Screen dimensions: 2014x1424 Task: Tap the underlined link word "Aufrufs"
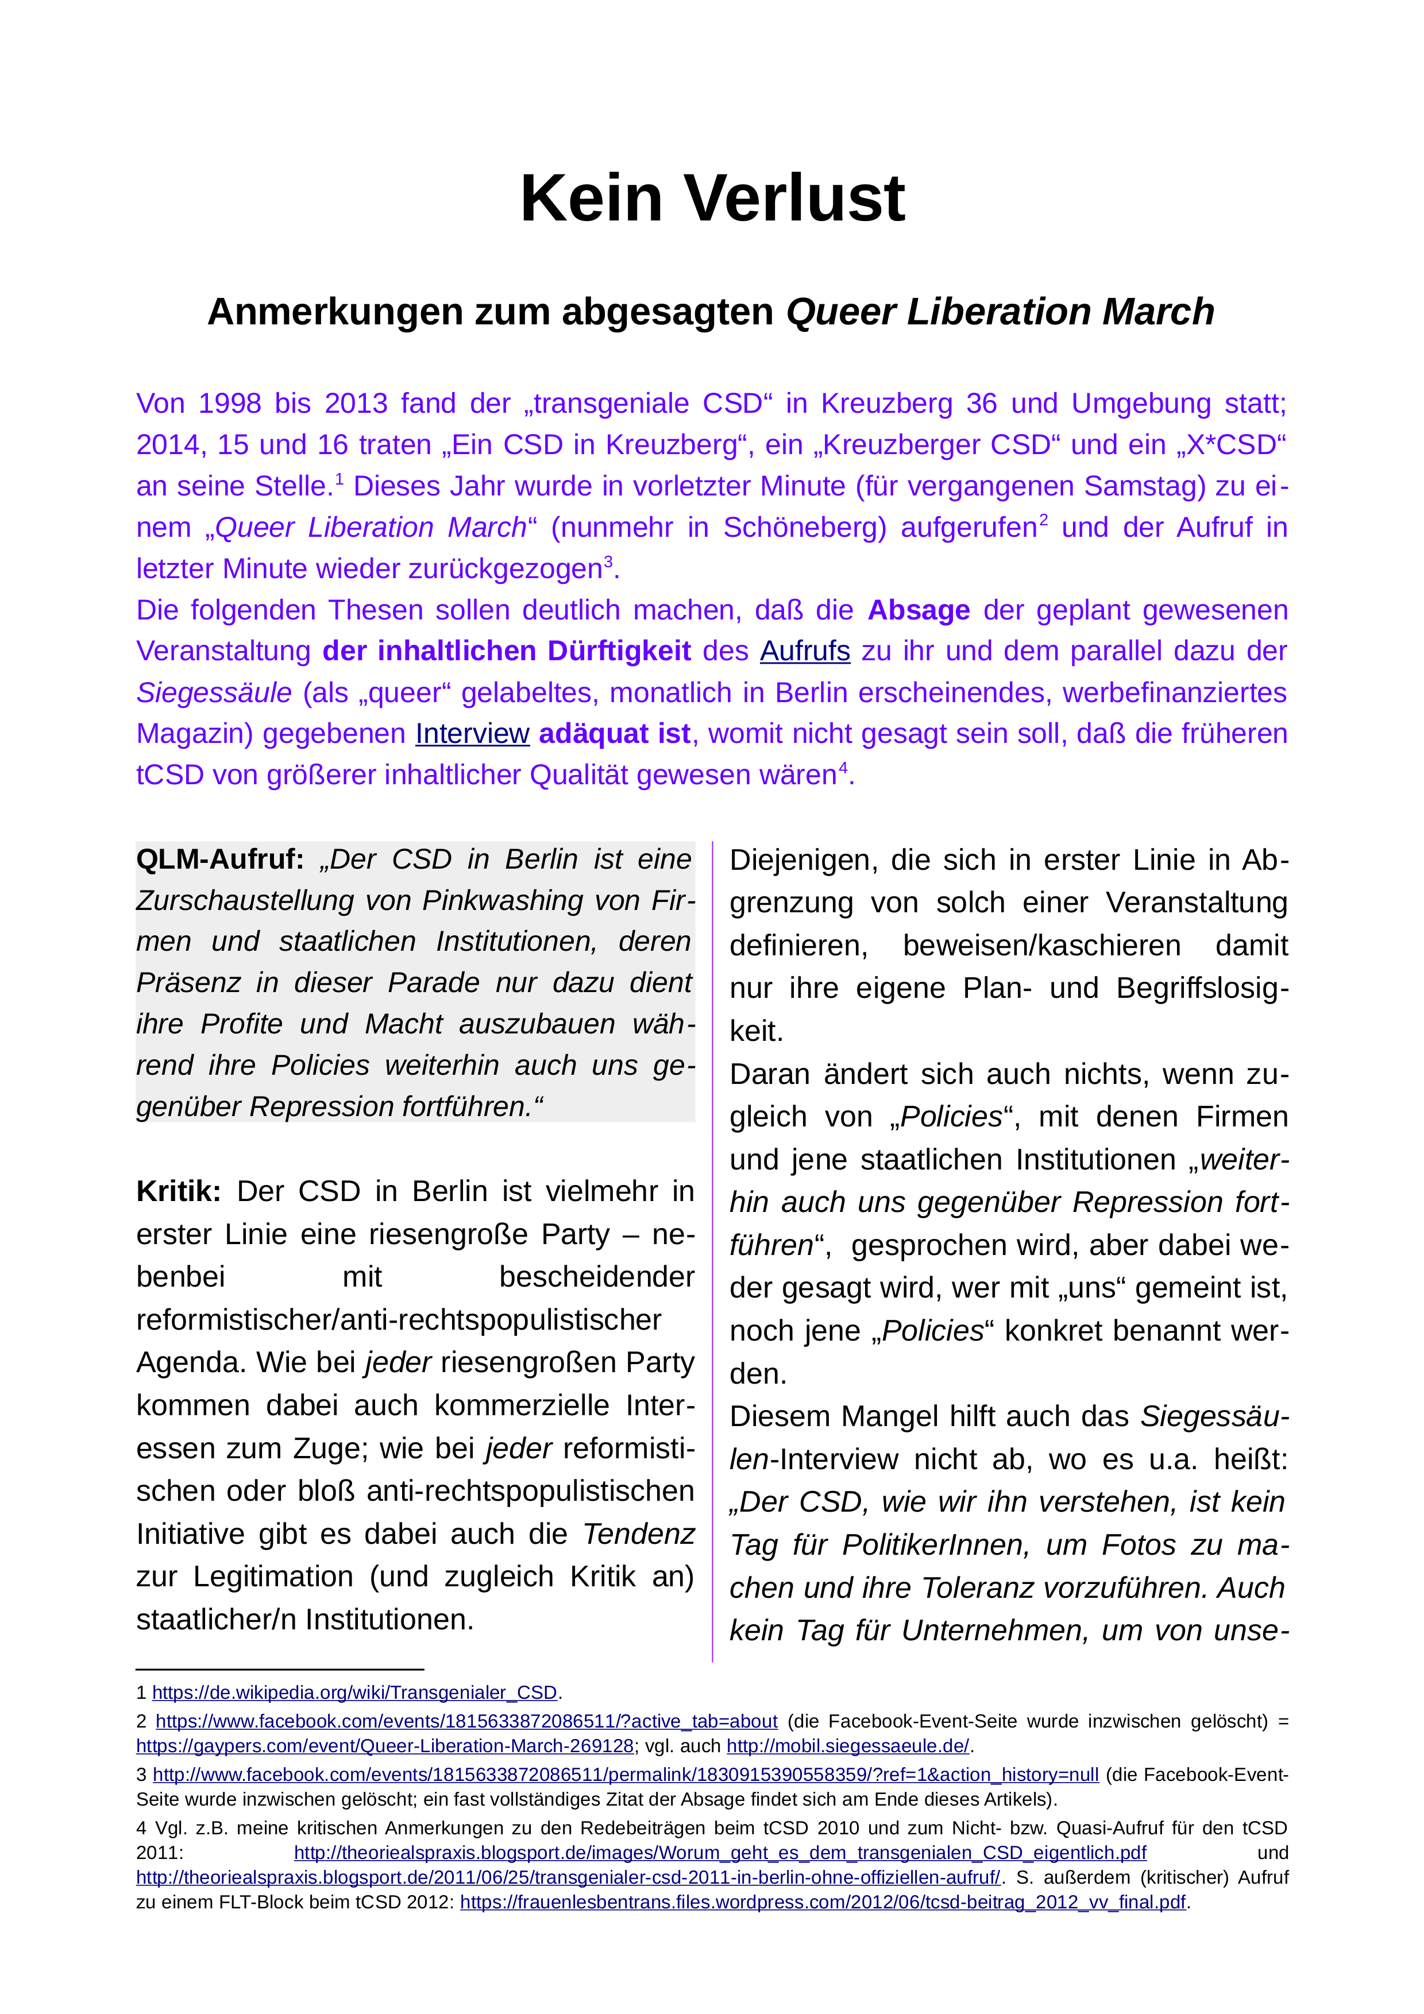[x=805, y=652]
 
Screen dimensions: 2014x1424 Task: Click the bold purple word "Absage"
[x=919, y=610]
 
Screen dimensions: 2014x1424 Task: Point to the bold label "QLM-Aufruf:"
[x=220, y=859]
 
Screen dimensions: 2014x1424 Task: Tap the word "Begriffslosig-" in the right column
[x=1202, y=989]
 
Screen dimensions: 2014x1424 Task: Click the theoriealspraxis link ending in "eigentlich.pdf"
[x=719, y=1853]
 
